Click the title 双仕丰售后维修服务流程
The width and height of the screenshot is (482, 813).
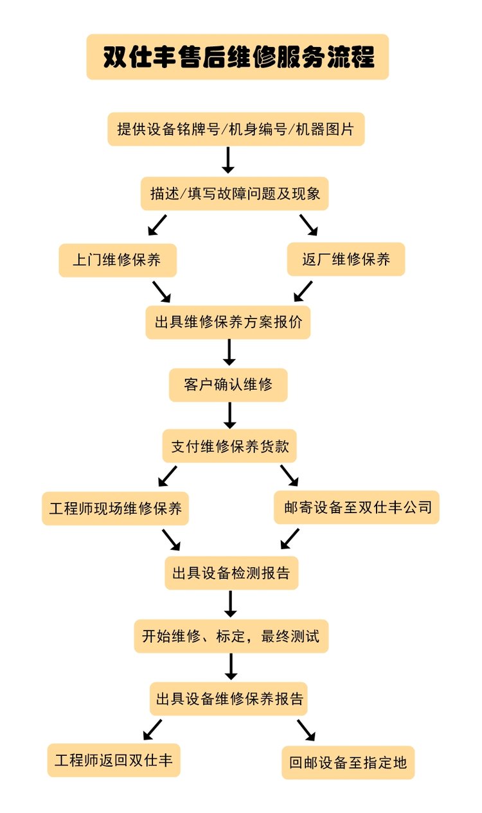click(238, 57)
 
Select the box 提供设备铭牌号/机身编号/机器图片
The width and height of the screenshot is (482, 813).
click(236, 128)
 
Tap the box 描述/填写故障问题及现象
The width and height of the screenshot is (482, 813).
click(235, 193)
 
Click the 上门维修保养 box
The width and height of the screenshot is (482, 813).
click(117, 260)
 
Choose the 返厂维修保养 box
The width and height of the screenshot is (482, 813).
click(346, 259)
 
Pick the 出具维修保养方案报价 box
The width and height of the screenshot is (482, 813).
click(228, 322)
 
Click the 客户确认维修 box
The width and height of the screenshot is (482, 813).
click(228, 385)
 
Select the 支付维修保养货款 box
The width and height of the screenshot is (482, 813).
click(229, 446)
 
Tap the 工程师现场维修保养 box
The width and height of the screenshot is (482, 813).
click(116, 508)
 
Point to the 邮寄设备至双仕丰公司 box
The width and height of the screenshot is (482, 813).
click(357, 507)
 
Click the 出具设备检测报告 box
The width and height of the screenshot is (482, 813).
click(231, 572)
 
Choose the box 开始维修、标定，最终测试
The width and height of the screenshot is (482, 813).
click(231, 636)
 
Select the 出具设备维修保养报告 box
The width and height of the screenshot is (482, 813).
click(229, 698)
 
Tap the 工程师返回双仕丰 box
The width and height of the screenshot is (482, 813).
click(114, 760)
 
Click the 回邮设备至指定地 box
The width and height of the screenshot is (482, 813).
click(348, 762)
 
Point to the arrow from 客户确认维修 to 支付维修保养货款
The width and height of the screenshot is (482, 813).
click(229, 415)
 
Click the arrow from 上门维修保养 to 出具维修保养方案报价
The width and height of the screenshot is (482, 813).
click(161, 291)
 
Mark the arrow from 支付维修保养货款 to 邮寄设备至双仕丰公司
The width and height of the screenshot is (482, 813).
click(290, 475)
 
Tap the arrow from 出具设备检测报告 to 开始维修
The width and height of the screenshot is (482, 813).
click(230, 603)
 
